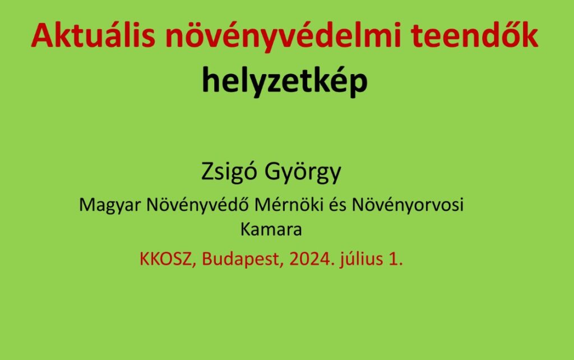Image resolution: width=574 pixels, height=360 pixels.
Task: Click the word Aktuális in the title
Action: point(94,35)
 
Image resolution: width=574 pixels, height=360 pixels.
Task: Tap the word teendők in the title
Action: point(474,35)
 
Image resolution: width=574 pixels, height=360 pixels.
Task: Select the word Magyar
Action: point(110,205)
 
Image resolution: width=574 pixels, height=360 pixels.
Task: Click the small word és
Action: point(337,205)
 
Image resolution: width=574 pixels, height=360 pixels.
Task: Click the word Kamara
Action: point(271,230)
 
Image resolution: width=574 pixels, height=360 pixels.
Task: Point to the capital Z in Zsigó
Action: point(207,172)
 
